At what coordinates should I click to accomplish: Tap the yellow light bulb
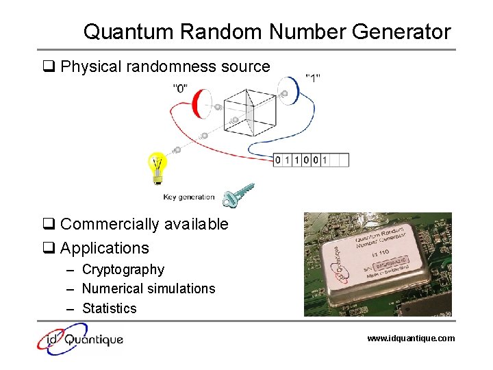coord(157,167)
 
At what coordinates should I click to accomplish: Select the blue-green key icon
coord(240,195)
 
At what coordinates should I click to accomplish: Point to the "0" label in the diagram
coord(181,88)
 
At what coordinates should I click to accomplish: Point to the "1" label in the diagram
coord(313,77)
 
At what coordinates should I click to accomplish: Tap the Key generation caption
coord(189,197)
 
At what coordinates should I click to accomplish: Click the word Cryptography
coord(123,269)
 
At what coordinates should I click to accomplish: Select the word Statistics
coord(110,308)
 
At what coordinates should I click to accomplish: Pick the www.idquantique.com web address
coord(411,338)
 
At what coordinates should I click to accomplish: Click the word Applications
coord(105,247)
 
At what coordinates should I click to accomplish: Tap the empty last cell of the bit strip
coord(340,160)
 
